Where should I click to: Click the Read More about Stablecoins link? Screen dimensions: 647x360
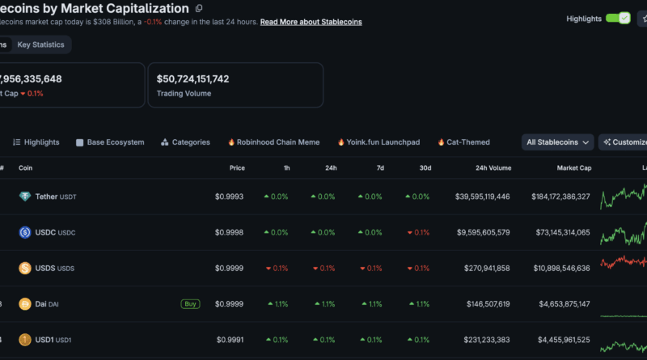coord(311,22)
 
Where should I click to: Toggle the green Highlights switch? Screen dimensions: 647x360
coord(618,19)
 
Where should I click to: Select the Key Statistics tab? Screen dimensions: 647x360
coord(41,44)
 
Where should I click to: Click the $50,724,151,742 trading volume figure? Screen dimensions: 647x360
coord(192,78)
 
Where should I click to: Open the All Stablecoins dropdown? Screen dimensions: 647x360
coord(557,142)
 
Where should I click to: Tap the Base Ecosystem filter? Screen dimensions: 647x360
coord(110,142)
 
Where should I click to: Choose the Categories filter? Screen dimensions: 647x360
coord(185,142)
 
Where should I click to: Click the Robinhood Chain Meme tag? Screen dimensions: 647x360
coord(273,142)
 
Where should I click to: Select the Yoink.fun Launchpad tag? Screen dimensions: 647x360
coord(378,142)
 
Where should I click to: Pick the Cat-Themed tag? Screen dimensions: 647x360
coord(463,142)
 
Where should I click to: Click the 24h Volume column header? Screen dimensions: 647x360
coord(493,168)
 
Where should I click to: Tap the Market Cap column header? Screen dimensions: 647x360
coord(574,168)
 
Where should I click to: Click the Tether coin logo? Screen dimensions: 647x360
coord(25,197)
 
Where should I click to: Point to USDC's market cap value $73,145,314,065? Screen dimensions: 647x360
coord(563,232)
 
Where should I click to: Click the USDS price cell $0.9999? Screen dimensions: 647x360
coord(229,269)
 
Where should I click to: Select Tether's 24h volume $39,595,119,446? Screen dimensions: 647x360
coord(482,197)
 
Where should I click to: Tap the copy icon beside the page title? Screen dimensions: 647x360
coord(199,8)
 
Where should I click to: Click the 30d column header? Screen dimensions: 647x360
coord(425,168)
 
